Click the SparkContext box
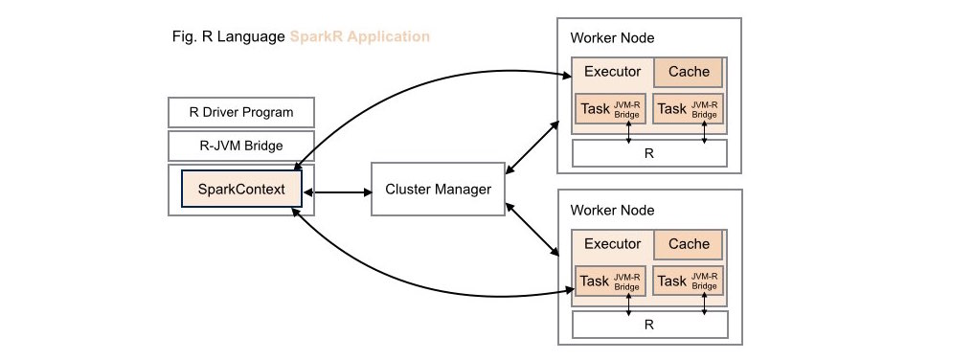tap(241, 189)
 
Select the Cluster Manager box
tap(438, 189)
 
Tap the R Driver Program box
tap(241, 113)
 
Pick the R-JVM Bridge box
tap(241, 146)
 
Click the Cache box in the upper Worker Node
tap(689, 72)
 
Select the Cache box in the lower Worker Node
tap(689, 244)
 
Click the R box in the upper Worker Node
tap(649, 153)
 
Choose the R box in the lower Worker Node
tap(649, 324)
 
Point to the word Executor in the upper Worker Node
tap(612, 72)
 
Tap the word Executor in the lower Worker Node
tap(612, 244)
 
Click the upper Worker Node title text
tap(612, 38)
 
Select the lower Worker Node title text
tap(612, 211)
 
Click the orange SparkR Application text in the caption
tap(360, 36)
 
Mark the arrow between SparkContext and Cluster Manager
tap(337, 192)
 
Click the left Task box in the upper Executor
tap(611, 108)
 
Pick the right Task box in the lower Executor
tap(689, 281)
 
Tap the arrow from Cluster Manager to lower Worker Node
tap(532, 229)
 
